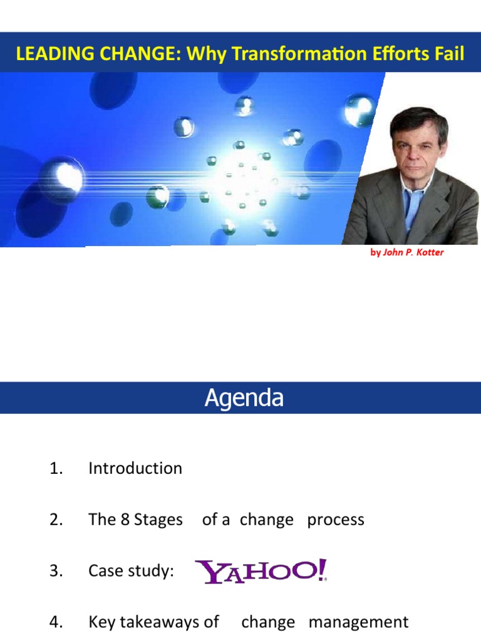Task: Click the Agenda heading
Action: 244,398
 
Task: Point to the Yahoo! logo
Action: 261,571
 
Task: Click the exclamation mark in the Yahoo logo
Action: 322,570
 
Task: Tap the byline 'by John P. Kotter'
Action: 407,253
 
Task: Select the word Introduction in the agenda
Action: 135,468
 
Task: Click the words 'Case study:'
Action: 131,571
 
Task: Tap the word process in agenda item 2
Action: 335,520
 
